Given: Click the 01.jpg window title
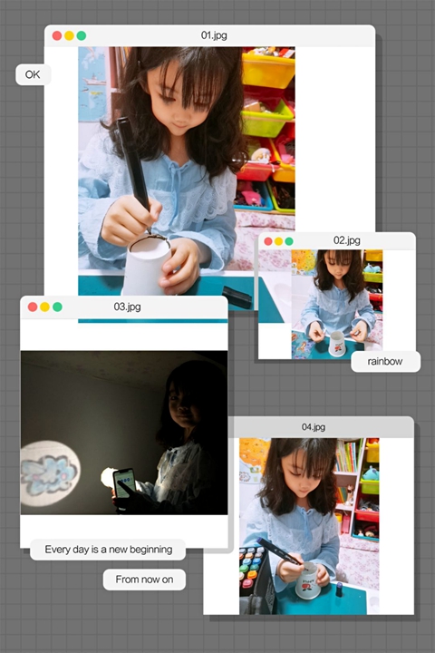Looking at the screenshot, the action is pos(214,35).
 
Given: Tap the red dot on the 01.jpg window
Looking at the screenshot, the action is pos(57,35).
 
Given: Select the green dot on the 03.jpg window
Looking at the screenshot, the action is pos(57,307).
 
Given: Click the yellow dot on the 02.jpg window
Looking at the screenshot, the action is pos(278,241).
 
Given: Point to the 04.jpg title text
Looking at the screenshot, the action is pos(314,427).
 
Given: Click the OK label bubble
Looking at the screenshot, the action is pos(34,74).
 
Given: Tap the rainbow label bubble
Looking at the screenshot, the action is pos(385,362).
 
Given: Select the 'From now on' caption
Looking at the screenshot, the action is pos(144,580).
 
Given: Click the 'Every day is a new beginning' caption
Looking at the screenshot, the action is pos(108,550).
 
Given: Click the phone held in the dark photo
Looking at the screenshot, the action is pos(124,484).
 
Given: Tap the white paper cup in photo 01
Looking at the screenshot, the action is pos(147,265).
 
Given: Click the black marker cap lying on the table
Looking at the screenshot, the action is pos(237,296).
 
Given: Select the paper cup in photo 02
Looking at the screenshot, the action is pos(337,344).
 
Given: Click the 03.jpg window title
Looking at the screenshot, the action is pos(128,307).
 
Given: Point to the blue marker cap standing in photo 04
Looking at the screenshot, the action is pos(339,590).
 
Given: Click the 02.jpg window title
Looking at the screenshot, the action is pos(347,240).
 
